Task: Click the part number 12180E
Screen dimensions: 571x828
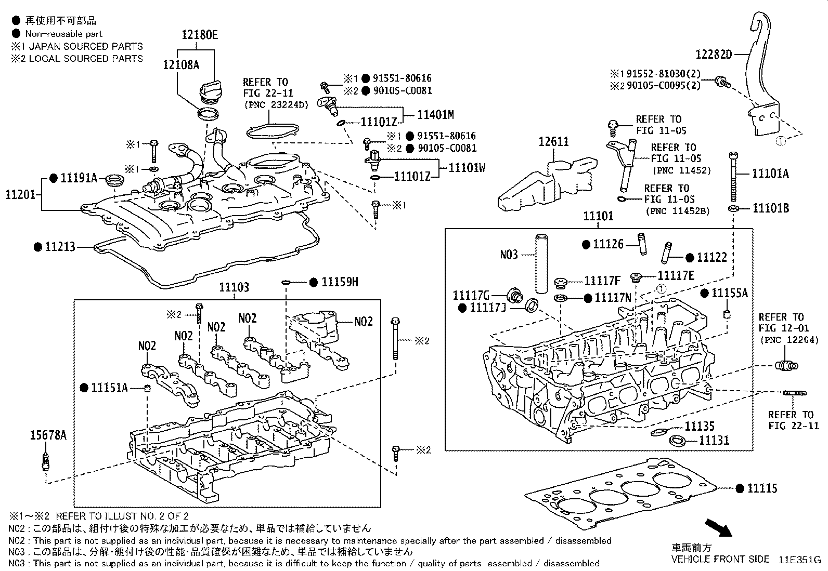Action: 199,35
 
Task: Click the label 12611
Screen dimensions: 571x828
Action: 553,142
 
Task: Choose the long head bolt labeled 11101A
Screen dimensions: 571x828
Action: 733,177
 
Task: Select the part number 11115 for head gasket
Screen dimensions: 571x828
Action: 762,488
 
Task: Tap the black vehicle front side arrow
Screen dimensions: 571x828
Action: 718,527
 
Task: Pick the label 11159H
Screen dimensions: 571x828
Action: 340,282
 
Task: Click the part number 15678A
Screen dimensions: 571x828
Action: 48,435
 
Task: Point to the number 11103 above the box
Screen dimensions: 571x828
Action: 234,287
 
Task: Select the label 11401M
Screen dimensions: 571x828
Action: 436,115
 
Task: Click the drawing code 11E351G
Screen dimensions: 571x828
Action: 799,560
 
